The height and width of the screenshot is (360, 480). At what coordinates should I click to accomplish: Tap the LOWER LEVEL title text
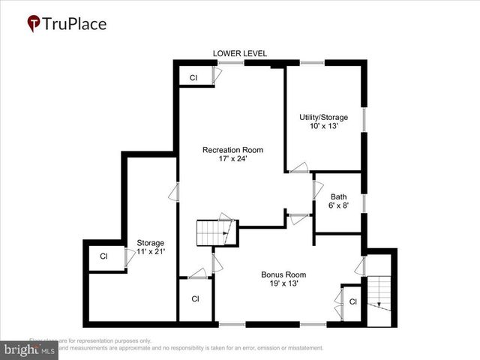tap(240, 53)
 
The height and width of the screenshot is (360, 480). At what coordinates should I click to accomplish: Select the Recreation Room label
tap(232, 150)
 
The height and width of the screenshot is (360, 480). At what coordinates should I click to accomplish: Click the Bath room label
tap(338, 197)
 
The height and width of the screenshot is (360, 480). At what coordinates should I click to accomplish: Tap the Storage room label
tap(150, 242)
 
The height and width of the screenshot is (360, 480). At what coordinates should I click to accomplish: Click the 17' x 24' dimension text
tap(232, 159)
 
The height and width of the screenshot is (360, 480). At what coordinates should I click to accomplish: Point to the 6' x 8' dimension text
tap(338, 206)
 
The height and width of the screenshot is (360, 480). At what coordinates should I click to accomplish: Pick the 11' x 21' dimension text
tap(150, 251)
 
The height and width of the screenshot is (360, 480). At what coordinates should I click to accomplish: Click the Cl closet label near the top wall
tap(193, 78)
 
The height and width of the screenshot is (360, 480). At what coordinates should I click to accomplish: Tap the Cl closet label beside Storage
tap(104, 256)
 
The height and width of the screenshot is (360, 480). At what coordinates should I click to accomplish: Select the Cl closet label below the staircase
tap(195, 298)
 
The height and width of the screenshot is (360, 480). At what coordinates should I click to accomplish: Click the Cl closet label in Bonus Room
tap(352, 301)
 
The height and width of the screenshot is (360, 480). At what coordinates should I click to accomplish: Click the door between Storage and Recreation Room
tap(174, 191)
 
